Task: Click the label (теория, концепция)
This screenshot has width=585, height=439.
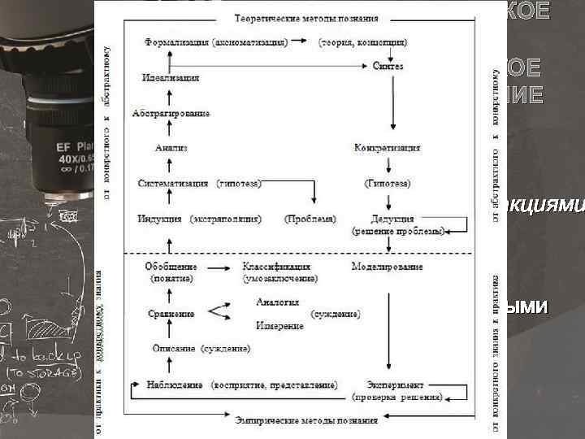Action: [x=363, y=41]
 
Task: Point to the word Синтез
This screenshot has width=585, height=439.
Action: [x=388, y=67]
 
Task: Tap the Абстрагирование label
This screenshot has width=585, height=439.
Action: [x=171, y=113]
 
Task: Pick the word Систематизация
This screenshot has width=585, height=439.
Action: [x=174, y=184]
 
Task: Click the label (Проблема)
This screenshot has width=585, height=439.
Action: [x=310, y=219]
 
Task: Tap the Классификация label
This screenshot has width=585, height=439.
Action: [x=276, y=266]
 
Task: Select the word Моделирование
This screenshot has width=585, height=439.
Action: [x=387, y=266]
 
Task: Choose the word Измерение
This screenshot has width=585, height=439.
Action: [x=279, y=325]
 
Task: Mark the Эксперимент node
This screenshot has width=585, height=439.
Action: [x=396, y=385]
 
